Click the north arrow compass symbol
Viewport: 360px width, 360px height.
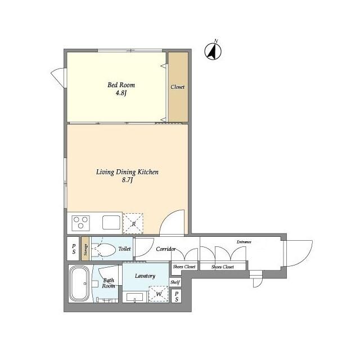click(213, 51)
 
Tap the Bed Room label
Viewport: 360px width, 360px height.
click(121, 85)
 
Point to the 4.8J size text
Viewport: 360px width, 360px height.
click(121, 93)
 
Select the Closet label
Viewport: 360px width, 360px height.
click(178, 87)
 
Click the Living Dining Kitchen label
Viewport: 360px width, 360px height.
click(127, 172)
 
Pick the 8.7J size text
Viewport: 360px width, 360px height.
click(128, 181)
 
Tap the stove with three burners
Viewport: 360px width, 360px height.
click(80, 222)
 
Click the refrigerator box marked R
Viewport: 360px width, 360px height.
click(133, 223)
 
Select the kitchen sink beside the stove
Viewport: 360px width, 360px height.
click(111, 222)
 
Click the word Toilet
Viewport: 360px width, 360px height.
click(125, 248)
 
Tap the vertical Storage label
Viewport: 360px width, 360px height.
click(85, 249)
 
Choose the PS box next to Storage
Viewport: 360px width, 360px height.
click(74, 249)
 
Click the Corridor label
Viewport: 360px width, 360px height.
click(166, 249)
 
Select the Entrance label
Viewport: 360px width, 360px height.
click(244, 242)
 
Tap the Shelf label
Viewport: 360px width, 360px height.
click(175, 282)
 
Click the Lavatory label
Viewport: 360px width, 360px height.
click(145, 276)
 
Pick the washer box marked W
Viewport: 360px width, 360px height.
click(159, 294)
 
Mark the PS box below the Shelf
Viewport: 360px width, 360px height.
click(176, 296)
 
